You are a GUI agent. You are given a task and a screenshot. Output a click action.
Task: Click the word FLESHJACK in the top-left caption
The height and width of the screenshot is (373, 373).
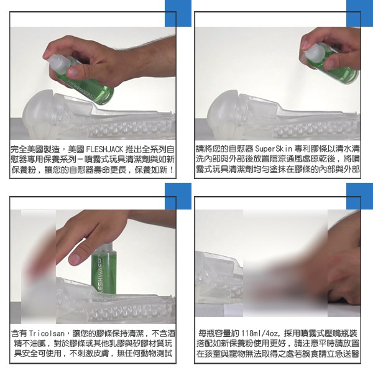point(104,149)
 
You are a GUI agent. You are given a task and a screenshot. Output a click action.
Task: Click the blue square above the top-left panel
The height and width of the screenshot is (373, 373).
point(178,13)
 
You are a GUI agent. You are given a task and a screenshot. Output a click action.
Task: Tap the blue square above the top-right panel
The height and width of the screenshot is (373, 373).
point(360,13)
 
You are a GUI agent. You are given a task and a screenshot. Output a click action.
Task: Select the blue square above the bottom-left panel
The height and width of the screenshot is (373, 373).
point(178,196)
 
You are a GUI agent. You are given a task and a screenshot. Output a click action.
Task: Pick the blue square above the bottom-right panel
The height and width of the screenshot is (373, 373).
point(360,196)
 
